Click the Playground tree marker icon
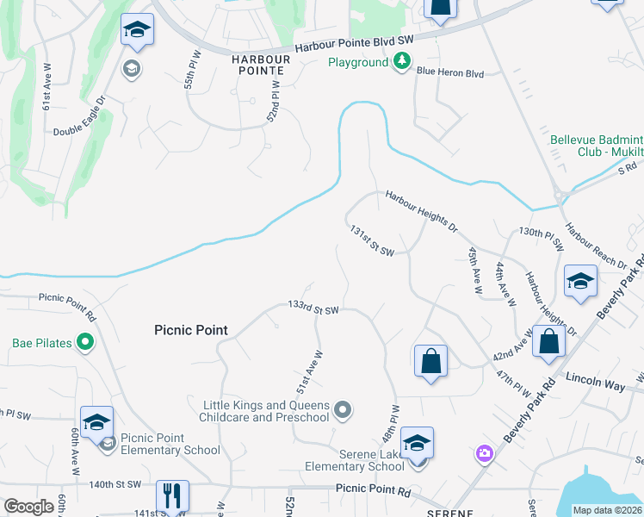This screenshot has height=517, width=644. tap(400, 61)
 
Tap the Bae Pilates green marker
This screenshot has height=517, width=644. tap(84, 343)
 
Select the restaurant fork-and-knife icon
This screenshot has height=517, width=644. tap(171, 495)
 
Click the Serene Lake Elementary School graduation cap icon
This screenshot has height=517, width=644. tap(417, 444)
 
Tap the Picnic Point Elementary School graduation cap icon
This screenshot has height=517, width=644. tap(96, 422)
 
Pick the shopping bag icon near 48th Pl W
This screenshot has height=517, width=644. tap(430, 360)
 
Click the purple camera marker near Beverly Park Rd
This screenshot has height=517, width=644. tap(485, 452)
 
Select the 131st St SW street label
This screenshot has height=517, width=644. tap(372, 241)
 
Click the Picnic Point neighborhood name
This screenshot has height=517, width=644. tap(191, 330)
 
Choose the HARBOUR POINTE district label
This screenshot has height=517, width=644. tap(263, 59)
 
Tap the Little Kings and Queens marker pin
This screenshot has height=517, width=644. tap(343, 408)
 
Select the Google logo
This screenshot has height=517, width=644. tap(28, 507)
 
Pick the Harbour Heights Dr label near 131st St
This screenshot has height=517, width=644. tap(421, 211)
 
